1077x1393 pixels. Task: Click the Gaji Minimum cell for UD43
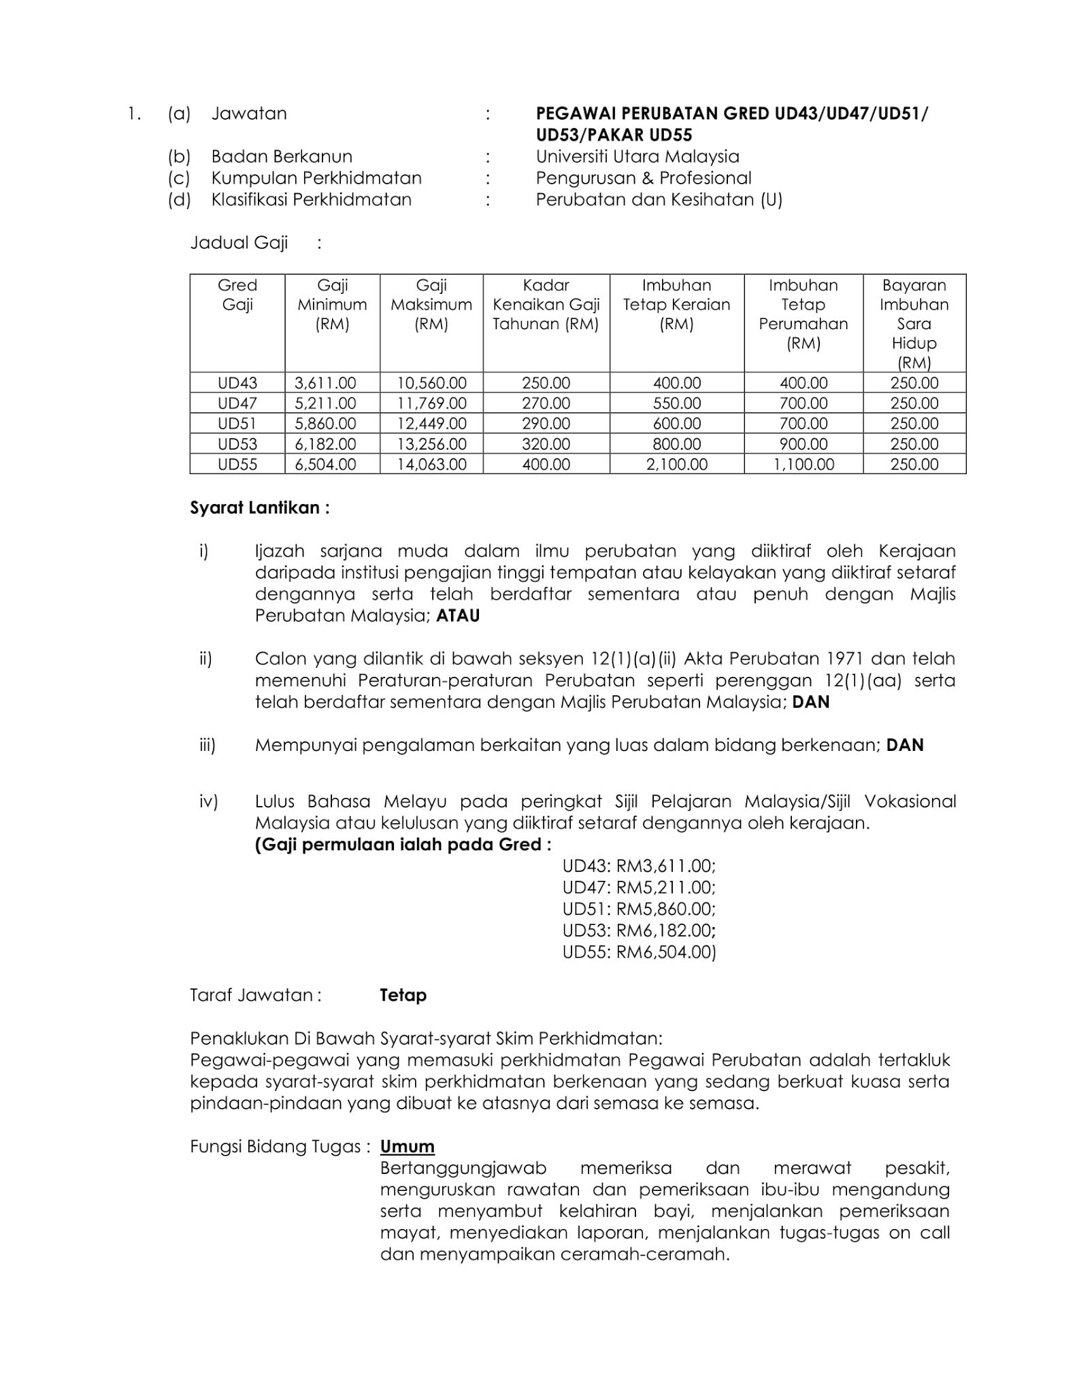(x=325, y=383)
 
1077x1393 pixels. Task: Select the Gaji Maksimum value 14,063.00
(x=431, y=465)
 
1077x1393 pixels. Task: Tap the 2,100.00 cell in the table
(x=676, y=465)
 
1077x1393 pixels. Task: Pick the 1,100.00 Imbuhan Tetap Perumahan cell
(x=803, y=465)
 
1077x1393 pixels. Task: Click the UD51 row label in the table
(x=237, y=424)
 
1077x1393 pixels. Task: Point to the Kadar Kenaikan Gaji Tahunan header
(x=546, y=305)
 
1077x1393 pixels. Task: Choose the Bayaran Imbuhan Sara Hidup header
(x=914, y=323)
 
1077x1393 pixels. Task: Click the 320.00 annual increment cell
(x=546, y=444)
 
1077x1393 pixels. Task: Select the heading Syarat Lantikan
(x=259, y=508)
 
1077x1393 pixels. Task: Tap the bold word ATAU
(x=458, y=616)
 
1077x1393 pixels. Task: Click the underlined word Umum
(x=407, y=1146)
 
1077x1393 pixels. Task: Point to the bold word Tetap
(x=403, y=995)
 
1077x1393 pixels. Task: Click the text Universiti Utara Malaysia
(x=637, y=156)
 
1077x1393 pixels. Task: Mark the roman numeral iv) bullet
(x=208, y=801)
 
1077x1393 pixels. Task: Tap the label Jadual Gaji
(x=239, y=243)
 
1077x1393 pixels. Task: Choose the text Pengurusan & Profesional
(x=643, y=178)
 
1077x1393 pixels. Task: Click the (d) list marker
(x=179, y=200)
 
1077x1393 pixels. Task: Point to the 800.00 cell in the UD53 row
(x=676, y=444)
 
